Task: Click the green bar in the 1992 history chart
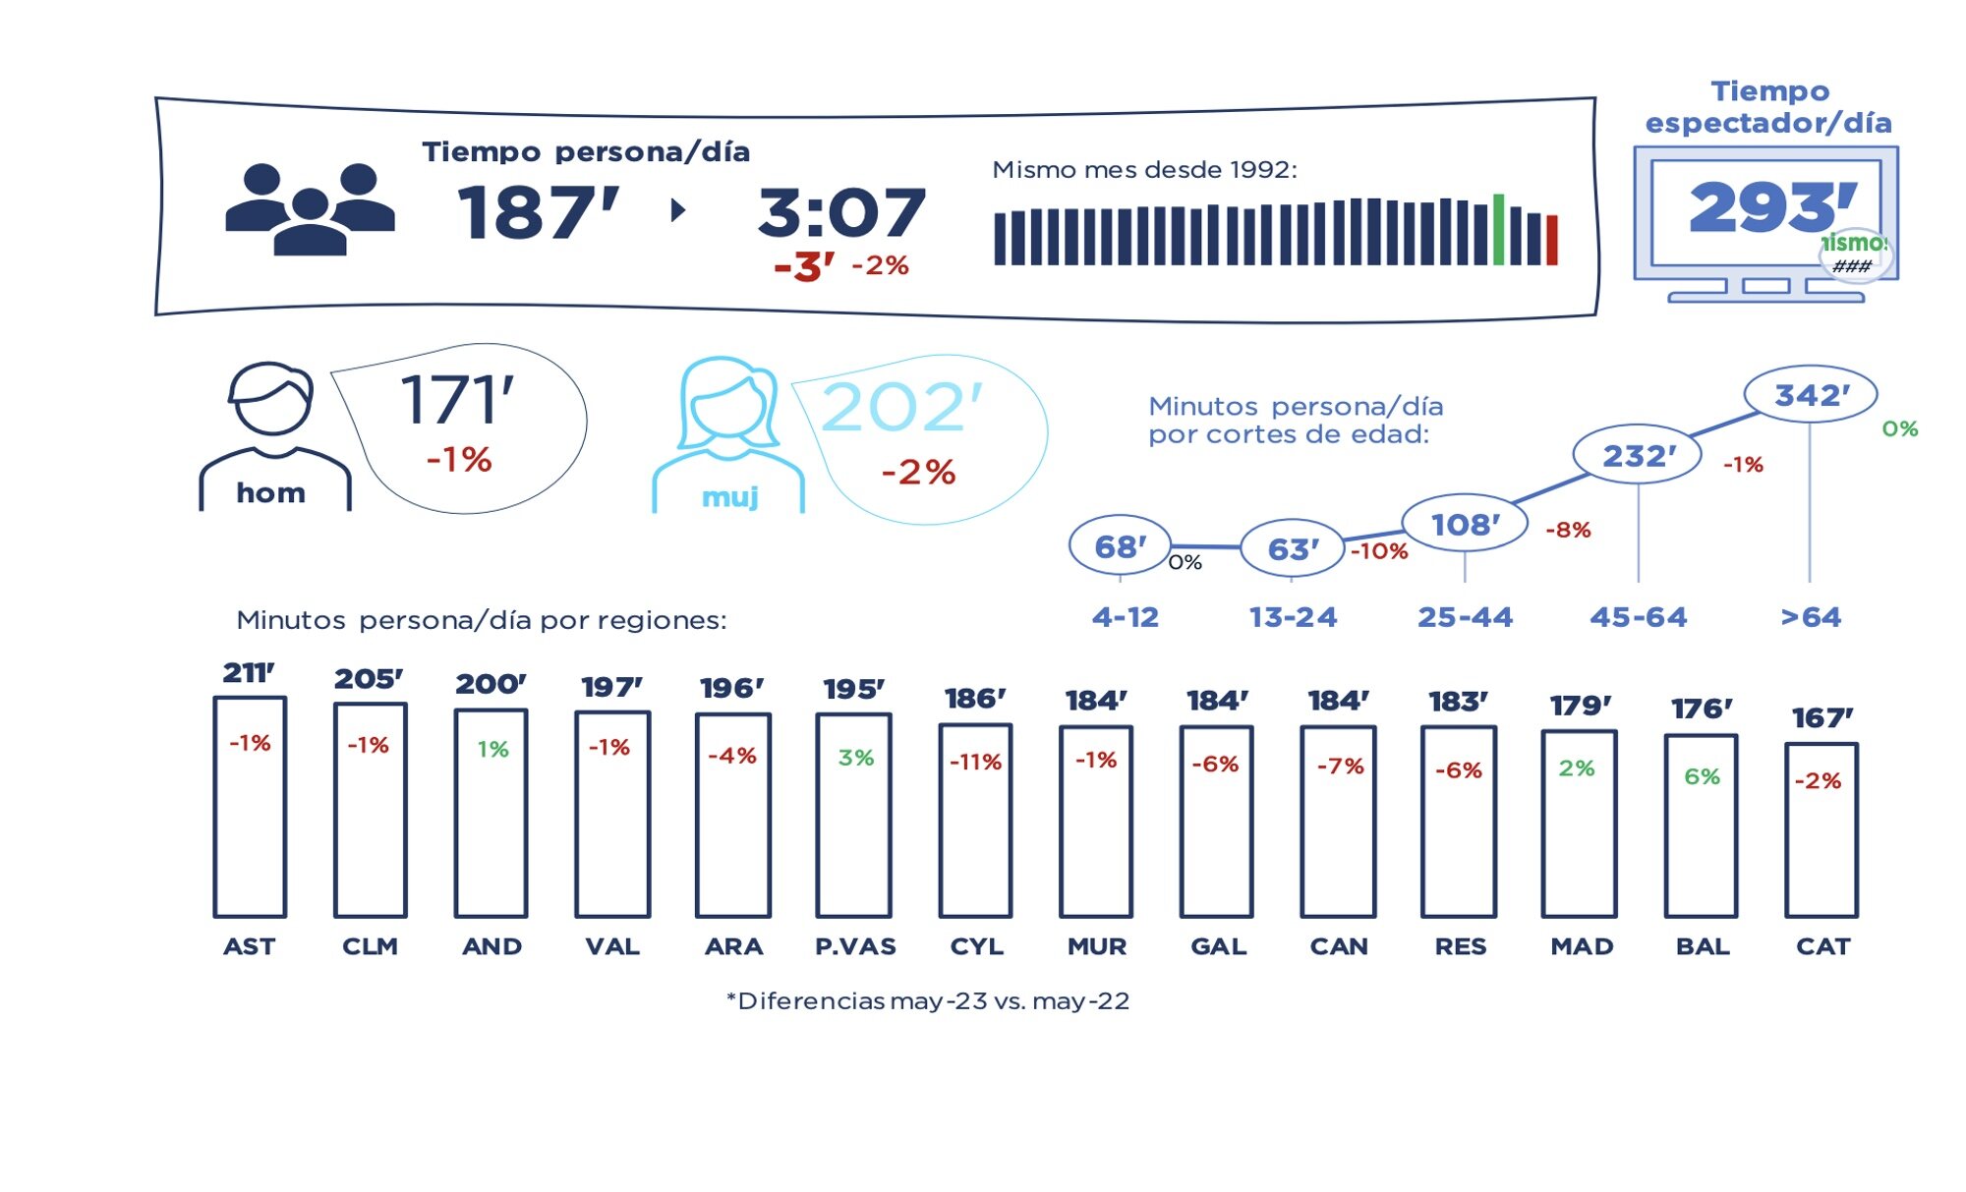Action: coord(1498,230)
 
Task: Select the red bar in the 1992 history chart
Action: coord(1552,241)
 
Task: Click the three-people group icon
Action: coord(310,209)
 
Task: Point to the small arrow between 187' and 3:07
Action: coord(677,209)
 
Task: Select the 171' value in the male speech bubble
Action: coord(457,400)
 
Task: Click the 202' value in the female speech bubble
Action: coord(901,407)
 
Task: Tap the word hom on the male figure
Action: coord(271,492)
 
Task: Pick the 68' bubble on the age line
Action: coord(1120,546)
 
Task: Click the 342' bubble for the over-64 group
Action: coord(1811,395)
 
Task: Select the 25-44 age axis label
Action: coord(1465,617)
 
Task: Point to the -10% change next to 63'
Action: coord(1379,551)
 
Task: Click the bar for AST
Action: coord(250,807)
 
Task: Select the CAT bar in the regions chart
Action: coord(1821,830)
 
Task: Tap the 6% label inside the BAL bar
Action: coord(1702,776)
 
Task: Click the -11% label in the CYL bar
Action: coord(975,762)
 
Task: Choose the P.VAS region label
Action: coord(855,946)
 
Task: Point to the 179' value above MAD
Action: coord(1581,706)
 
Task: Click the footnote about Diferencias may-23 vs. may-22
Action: coord(928,1001)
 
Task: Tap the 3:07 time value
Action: coord(841,212)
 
